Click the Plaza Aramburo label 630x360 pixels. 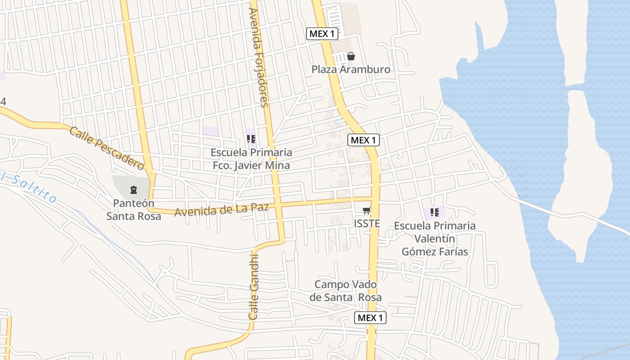(351, 69)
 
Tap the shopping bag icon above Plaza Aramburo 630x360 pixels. (351, 56)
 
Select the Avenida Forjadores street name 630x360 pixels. (258, 58)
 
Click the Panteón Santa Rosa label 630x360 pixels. (134, 210)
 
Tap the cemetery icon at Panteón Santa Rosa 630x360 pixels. (133, 189)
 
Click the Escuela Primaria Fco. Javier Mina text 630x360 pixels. (251, 159)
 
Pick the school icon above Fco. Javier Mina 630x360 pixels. (251, 139)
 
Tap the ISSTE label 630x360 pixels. (367, 224)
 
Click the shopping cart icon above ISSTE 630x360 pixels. (367, 211)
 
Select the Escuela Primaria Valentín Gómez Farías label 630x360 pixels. (435, 238)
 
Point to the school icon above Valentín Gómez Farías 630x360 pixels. (434, 212)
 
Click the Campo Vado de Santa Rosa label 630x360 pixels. (346, 291)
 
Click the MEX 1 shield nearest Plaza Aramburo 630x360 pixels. (322, 33)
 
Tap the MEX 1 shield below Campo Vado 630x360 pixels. (370, 318)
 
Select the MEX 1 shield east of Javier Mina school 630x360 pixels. (364, 140)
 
